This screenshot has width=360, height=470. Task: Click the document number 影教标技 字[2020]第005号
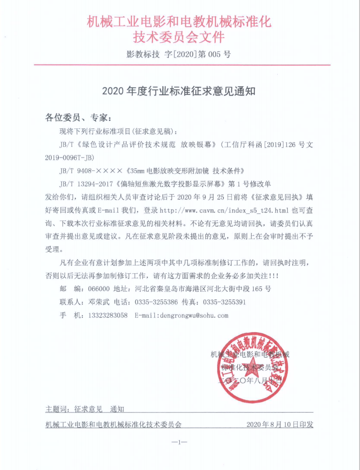pos(180,55)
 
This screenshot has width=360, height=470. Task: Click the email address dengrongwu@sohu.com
pos(182,315)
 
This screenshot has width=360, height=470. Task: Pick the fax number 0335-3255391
pos(224,302)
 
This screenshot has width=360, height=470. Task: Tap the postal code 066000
pos(98,288)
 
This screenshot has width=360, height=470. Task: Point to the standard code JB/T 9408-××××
pos(90,171)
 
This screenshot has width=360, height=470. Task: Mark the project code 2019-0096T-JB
pos(70,158)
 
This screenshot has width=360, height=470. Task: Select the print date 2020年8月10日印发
pos(280,424)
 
